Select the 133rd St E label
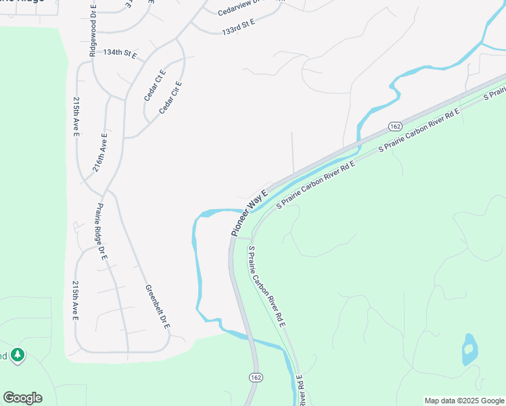click(x=238, y=27)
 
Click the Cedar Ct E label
click(x=155, y=85)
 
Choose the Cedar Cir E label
click(x=172, y=97)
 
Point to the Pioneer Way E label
click(x=250, y=211)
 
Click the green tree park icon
click(x=18, y=355)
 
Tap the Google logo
click(x=22, y=398)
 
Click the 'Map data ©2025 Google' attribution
click(x=465, y=401)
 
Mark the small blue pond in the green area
click(x=469, y=349)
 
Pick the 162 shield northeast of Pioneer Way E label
click(x=396, y=126)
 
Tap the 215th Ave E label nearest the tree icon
click(x=76, y=300)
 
